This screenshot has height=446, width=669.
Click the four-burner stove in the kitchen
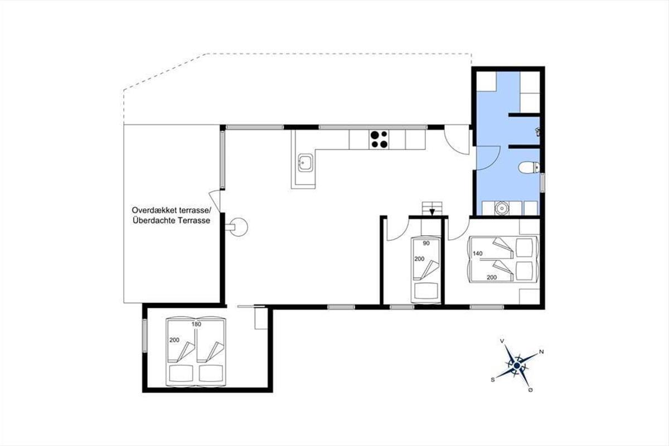379,139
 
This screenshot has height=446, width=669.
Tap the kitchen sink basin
306,163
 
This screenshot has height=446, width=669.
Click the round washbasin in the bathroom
501,208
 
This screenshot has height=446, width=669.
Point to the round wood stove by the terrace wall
239,227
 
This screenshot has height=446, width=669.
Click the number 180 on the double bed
196,324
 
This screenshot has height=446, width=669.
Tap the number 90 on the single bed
426,243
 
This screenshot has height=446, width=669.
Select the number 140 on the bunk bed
478,253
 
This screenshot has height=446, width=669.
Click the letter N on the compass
541,352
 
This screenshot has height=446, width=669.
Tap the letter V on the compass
502,341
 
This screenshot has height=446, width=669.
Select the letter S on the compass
493,380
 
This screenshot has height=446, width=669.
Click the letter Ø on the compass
530,390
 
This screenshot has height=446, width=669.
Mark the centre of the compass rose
517,365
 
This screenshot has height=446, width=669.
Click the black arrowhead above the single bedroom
432,212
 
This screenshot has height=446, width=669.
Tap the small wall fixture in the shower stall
537,132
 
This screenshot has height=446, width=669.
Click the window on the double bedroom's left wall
145,336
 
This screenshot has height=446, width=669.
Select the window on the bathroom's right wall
542,182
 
